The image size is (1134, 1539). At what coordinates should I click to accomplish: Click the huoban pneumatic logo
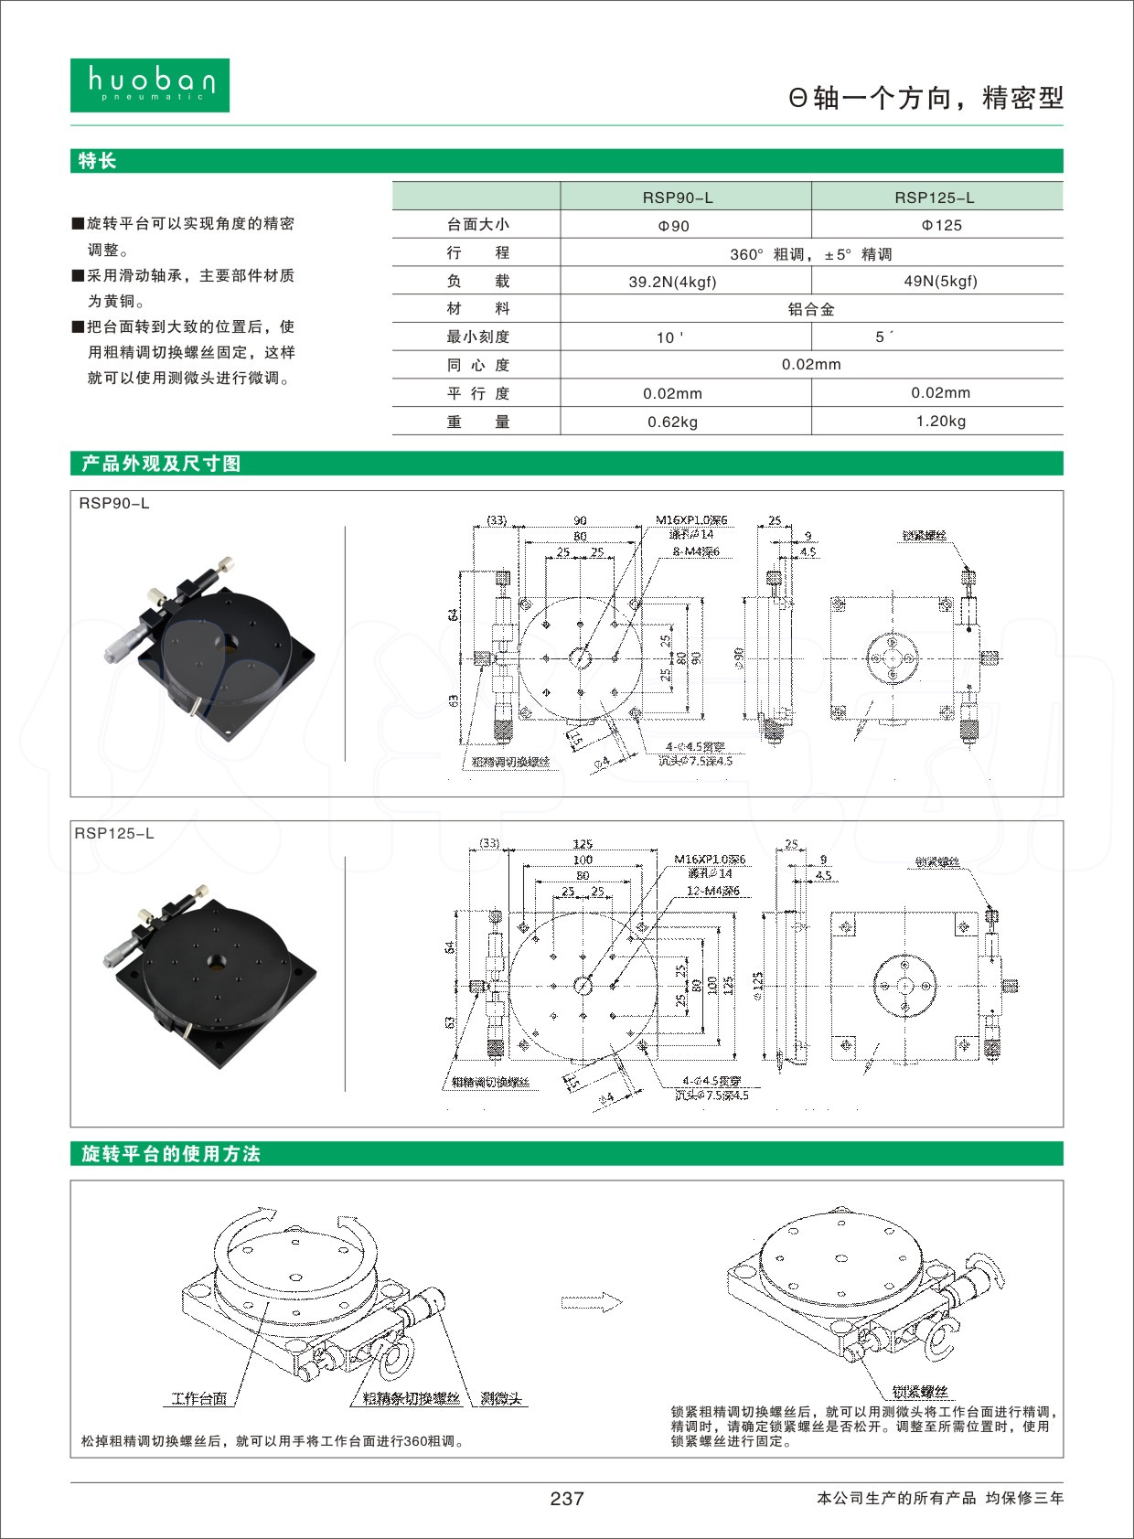click(x=150, y=85)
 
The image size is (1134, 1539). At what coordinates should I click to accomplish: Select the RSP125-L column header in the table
click(x=934, y=198)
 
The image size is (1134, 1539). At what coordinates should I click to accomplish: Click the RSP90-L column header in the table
click(x=678, y=198)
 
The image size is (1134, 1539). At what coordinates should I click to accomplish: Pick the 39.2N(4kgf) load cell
click(x=672, y=282)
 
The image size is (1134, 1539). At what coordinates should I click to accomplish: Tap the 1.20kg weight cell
click(x=940, y=422)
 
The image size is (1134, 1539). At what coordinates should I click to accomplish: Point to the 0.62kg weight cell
click(x=672, y=422)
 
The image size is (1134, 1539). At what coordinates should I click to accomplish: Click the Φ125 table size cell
click(x=940, y=225)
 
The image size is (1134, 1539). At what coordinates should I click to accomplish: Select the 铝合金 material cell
click(x=811, y=309)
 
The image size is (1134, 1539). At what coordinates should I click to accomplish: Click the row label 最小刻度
click(x=477, y=337)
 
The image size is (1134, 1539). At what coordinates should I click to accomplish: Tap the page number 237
click(x=567, y=1498)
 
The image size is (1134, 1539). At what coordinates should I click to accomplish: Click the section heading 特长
click(x=98, y=161)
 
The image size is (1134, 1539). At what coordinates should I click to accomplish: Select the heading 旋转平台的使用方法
click(x=171, y=1154)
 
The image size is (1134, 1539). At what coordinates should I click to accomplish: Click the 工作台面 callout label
click(x=199, y=1398)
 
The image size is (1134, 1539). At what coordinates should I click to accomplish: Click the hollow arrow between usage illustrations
click(x=591, y=1302)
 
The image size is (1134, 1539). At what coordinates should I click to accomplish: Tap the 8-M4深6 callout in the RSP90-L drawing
click(x=696, y=551)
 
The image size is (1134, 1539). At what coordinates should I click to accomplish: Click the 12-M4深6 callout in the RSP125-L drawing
click(x=713, y=891)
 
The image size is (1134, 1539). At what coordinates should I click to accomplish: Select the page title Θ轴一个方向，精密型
click(x=925, y=98)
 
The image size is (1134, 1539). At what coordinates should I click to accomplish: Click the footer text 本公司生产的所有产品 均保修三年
click(x=939, y=1498)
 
